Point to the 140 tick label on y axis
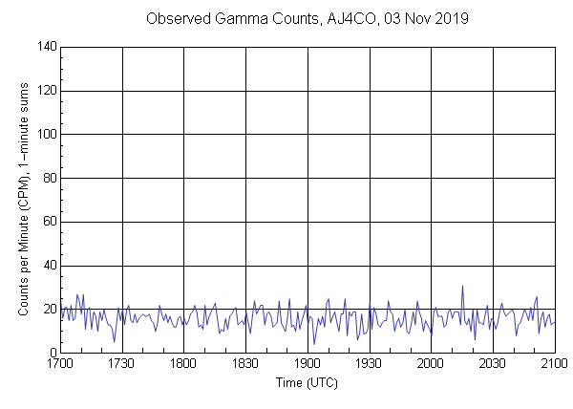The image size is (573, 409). click(x=46, y=47)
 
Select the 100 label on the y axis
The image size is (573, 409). click(x=46, y=135)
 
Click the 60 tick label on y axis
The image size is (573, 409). click(x=49, y=222)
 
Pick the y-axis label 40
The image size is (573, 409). click(x=49, y=266)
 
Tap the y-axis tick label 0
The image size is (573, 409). click(x=52, y=354)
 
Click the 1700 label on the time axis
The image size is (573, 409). click(x=60, y=365)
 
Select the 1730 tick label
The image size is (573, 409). click(x=122, y=365)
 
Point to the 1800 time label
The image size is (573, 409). click(x=184, y=365)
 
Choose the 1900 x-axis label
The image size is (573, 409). click(x=308, y=365)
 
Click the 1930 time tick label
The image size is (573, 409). click(x=370, y=365)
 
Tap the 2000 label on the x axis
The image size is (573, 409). click(x=431, y=365)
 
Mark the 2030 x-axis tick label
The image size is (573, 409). click(x=493, y=365)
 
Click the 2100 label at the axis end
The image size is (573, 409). click(x=554, y=365)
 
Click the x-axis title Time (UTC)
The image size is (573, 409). click(x=307, y=382)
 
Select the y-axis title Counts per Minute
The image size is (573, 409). click(x=21, y=239)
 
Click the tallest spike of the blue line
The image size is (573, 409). click(x=462, y=286)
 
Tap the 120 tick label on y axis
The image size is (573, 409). click(x=46, y=91)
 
